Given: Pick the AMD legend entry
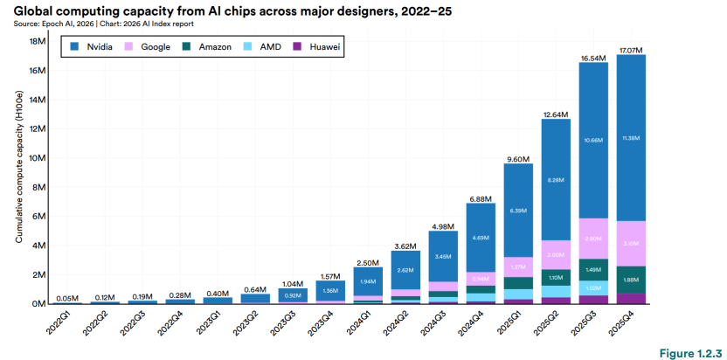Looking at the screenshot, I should click(x=267, y=46).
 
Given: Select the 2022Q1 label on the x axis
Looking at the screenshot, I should click(x=60, y=325).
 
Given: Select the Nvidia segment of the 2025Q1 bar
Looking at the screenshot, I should click(x=518, y=211).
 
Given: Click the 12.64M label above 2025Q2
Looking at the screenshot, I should click(x=556, y=114).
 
